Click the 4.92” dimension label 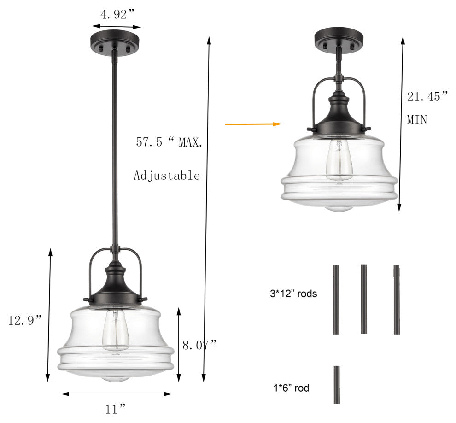tap(117, 14)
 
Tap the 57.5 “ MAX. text tap(169, 142)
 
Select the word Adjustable tap(167, 176)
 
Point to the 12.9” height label tap(25, 320)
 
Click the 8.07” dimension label tap(200, 345)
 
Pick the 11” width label tap(116, 409)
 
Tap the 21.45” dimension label tap(427, 97)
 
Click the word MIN tap(417, 120)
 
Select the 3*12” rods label tap(293, 294)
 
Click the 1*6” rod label tap(291, 388)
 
